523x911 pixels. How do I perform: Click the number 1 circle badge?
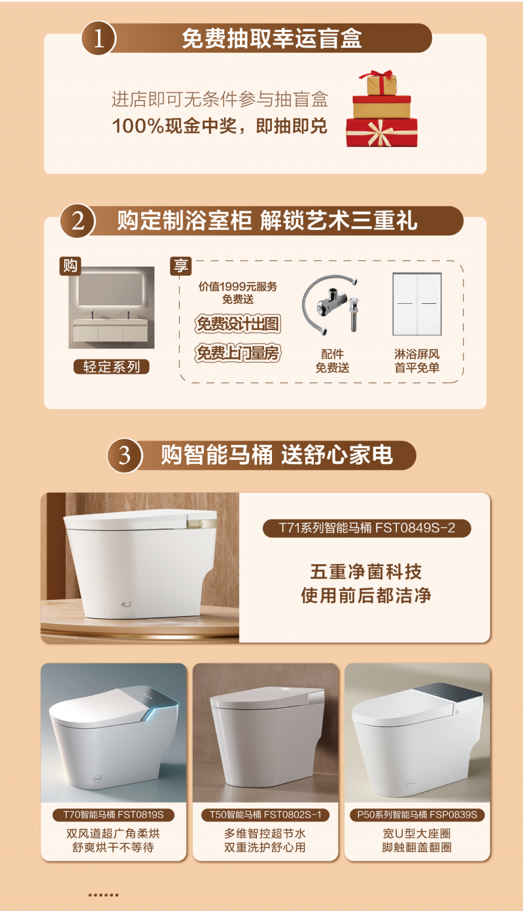pyautogui.click(x=99, y=38)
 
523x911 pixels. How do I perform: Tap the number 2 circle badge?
pyautogui.click(x=78, y=221)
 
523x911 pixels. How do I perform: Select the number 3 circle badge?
pyautogui.click(x=124, y=455)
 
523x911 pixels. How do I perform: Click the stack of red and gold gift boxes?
pyautogui.click(x=382, y=109)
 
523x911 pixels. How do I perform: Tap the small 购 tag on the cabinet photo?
pyautogui.click(x=70, y=266)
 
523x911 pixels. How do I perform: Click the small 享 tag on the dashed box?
pyautogui.click(x=180, y=267)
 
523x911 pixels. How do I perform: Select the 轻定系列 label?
pyautogui.click(x=111, y=367)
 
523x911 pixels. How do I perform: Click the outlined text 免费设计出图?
pyautogui.click(x=238, y=324)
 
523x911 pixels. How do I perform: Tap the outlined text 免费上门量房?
pyautogui.click(x=238, y=353)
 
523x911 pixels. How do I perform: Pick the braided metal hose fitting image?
pyautogui.click(x=331, y=305)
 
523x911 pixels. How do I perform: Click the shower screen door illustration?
pyautogui.click(x=417, y=304)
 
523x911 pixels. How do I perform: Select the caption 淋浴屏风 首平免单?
pyautogui.click(x=417, y=361)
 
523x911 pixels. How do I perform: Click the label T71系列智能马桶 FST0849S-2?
pyautogui.click(x=367, y=528)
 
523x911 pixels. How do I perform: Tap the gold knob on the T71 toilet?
pyautogui.click(x=202, y=522)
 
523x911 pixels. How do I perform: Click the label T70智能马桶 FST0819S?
pyautogui.click(x=114, y=815)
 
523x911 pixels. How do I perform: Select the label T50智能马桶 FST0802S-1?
pyautogui.click(x=265, y=815)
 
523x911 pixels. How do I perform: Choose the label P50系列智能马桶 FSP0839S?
pyautogui.click(x=417, y=815)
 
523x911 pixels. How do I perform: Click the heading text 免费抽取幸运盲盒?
pyautogui.click(x=272, y=39)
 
